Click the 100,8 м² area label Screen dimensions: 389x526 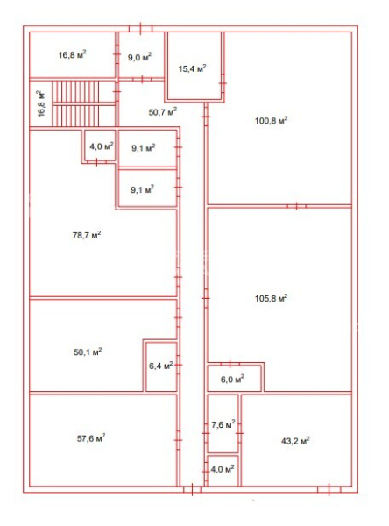(x=271, y=120)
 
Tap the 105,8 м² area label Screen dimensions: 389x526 (x=271, y=298)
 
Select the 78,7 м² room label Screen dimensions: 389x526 (x=87, y=235)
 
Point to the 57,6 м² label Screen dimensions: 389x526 (x=91, y=438)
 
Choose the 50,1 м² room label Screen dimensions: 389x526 (x=88, y=352)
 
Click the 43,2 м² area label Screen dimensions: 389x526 (x=295, y=440)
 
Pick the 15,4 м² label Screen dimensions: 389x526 (x=192, y=68)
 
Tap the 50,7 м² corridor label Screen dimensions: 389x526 (x=163, y=111)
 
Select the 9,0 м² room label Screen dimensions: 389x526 (x=139, y=57)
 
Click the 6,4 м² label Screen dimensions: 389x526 (x=161, y=366)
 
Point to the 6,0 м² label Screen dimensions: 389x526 (x=232, y=380)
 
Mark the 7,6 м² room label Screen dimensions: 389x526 (x=223, y=424)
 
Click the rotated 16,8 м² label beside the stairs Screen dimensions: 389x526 (x=41, y=103)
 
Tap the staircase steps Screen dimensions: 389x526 (x=75, y=103)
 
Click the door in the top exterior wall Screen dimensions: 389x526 (x=140, y=29)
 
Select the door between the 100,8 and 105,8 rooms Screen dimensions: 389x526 (x=297, y=206)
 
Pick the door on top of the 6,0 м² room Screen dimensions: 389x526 (x=230, y=364)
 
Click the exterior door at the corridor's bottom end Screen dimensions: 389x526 (x=192, y=489)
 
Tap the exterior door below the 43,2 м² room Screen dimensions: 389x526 (x=329, y=489)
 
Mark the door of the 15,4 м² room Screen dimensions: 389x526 (x=223, y=83)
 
